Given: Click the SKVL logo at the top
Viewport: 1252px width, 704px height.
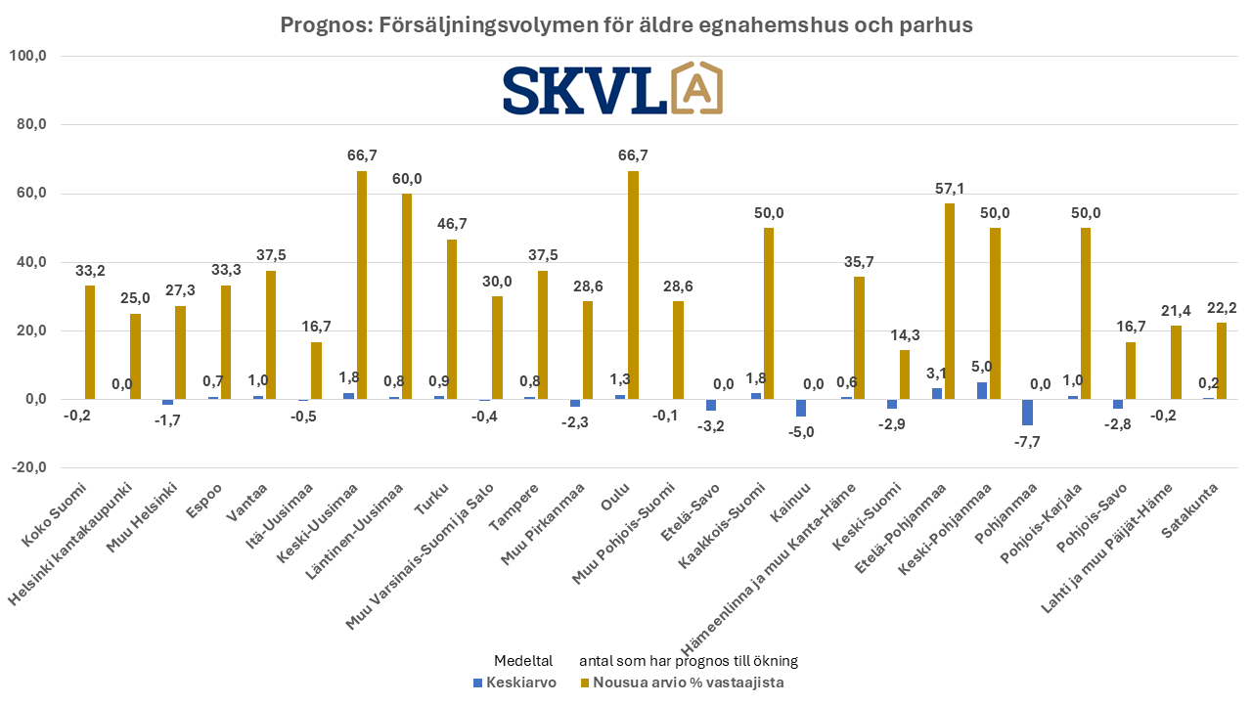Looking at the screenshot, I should coord(612,89).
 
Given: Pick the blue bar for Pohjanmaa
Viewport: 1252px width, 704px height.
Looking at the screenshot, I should coord(1027,413).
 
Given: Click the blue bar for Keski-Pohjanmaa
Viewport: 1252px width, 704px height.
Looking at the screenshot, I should coord(981,390).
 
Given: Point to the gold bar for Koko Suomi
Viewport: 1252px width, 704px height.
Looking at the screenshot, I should coord(90,342).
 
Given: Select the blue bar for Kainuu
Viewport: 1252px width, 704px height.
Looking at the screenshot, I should coord(801,408).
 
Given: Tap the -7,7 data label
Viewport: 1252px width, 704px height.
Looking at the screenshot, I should coord(1027,441).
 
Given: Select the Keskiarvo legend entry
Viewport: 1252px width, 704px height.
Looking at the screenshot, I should coord(514,682).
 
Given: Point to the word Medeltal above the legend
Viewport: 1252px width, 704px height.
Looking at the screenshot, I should coord(523,660).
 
